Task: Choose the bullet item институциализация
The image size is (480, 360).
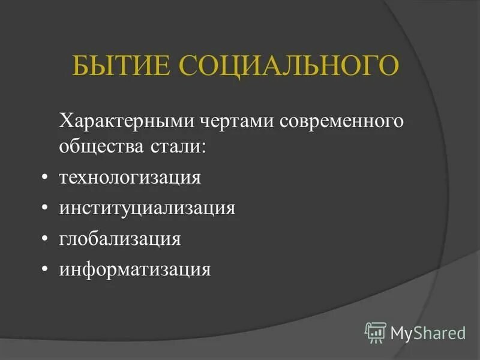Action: [x=146, y=208]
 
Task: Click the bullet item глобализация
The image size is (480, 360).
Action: [x=119, y=238]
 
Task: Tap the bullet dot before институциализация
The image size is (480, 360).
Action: [x=46, y=209]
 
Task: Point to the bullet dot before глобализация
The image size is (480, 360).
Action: [x=46, y=239]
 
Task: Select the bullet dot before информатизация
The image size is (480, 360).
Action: [x=46, y=269]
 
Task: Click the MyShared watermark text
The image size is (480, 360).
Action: [x=428, y=332]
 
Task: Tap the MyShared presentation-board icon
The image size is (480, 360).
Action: [x=376, y=331]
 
